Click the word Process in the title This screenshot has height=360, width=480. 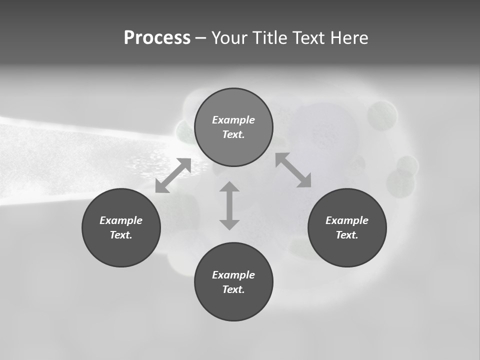pyautogui.click(x=157, y=38)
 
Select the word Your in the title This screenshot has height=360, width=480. pyautogui.click(x=229, y=38)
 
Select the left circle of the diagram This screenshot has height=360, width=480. pyautogui.click(x=121, y=250)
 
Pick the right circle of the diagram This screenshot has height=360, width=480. pyautogui.click(x=347, y=250)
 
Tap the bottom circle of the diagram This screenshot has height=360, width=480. pyautogui.click(x=233, y=305)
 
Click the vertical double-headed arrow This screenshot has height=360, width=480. pyautogui.click(x=229, y=205)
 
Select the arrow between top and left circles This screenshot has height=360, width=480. pyautogui.click(x=173, y=175)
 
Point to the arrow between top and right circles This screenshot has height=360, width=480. pyautogui.click(x=293, y=170)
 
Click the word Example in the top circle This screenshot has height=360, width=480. pyautogui.click(x=233, y=120)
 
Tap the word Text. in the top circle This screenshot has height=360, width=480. pyautogui.click(x=233, y=134)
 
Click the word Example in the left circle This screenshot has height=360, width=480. pyautogui.click(x=121, y=220)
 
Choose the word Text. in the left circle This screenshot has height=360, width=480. pyautogui.click(x=121, y=235)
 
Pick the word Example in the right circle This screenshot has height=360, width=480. pyautogui.click(x=347, y=220)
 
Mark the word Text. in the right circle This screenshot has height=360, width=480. pyautogui.click(x=347, y=235)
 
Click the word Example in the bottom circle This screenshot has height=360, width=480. pyautogui.click(x=233, y=275)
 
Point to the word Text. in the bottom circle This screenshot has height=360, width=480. pyautogui.click(x=233, y=289)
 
